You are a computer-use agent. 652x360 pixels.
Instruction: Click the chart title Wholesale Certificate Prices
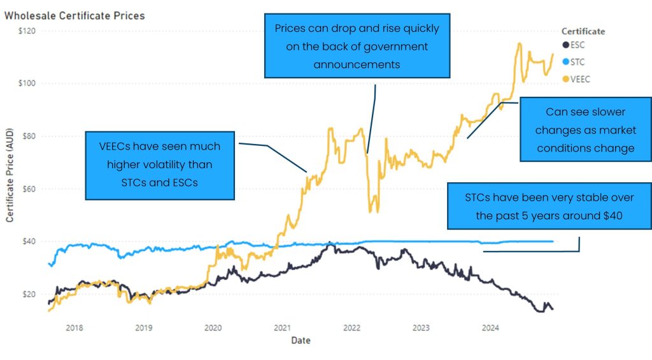click(74, 15)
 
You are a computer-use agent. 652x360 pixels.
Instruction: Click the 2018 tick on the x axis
click(74, 328)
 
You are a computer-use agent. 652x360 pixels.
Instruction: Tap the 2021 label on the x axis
click(282, 328)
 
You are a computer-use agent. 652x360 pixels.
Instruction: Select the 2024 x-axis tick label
click(490, 328)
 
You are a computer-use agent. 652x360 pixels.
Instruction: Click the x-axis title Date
click(301, 341)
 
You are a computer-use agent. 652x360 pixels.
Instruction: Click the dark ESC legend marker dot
click(565, 45)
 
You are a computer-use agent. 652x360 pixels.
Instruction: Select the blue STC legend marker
click(565, 62)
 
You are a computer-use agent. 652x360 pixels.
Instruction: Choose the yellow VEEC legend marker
click(565, 78)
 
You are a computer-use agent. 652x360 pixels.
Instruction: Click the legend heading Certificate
click(583, 31)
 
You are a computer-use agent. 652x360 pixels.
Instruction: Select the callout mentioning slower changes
click(585, 130)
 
